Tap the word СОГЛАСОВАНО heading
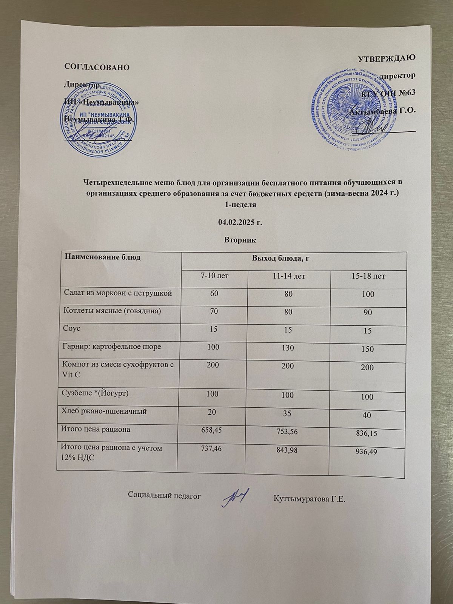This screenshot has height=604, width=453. pyautogui.click(x=97, y=67)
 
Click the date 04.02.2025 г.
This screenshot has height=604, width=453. pyautogui.click(x=240, y=222)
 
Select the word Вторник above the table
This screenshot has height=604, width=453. pyautogui.click(x=240, y=239)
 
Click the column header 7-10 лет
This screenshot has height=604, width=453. pyautogui.click(x=214, y=276)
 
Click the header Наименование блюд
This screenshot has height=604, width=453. pyautogui.click(x=103, y=257)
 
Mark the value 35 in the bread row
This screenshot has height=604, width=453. pyautogui.click(x=288, y=413)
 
